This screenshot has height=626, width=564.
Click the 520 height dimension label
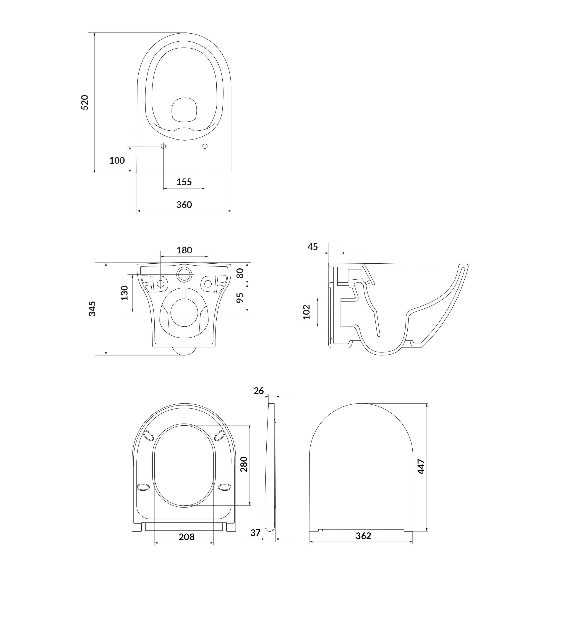pyautogui.click(x=85, y=103)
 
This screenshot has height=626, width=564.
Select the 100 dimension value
pyautogui.click(x=117, y=161)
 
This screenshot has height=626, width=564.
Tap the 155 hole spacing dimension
pyautogui.click(x=184, y=182)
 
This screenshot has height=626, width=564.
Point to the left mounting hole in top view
pyautogui.click(x=164, y=146)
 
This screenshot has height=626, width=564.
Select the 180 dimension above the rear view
pyautogui.click(x=184, y=250)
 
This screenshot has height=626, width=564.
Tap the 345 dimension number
pyautogui.click(x=92, y=309)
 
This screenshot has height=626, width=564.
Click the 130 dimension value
pyautogui.click(x=124, y=293)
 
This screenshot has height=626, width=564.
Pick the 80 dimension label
pyautogui.click(x=240, y=273)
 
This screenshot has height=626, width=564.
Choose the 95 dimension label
pyautogui.click(x=240, y=297)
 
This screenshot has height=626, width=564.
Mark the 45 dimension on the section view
pyautogui.click(x=313, y=247)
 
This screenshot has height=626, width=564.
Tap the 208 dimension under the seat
pyautogui.click(x=186, y=537)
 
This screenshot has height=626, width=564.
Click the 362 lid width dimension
pyautogui.click(x=363, y=536)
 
